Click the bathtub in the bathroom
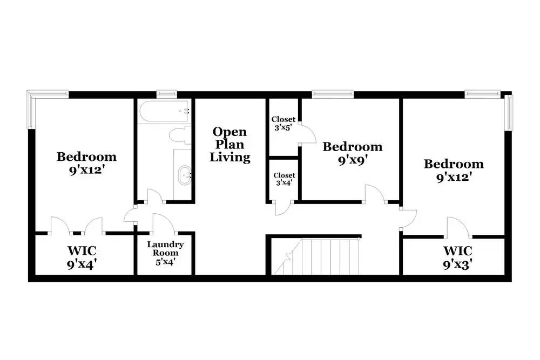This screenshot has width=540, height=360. [x=164, y=111]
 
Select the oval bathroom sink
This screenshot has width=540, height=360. [x=184, y=175]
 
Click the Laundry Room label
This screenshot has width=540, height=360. [x=165, y=253]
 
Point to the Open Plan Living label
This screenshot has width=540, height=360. [x=230, y=144]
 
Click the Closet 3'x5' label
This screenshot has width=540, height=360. [x=283, y=123]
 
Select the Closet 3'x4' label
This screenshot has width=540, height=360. [x=284, y=179]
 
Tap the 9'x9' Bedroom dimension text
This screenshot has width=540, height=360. [x=352, y=161]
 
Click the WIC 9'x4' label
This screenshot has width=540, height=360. [x=82, y=257]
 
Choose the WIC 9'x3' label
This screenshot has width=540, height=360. [x=457, y=257]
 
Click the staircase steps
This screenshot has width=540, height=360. [x=316, y=257]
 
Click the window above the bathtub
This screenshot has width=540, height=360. [x=167, y=93]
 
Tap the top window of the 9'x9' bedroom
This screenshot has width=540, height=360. [x=333, y=93]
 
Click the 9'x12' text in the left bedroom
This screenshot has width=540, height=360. [x=86, y=171]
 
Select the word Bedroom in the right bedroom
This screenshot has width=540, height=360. [x=454, y=164]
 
